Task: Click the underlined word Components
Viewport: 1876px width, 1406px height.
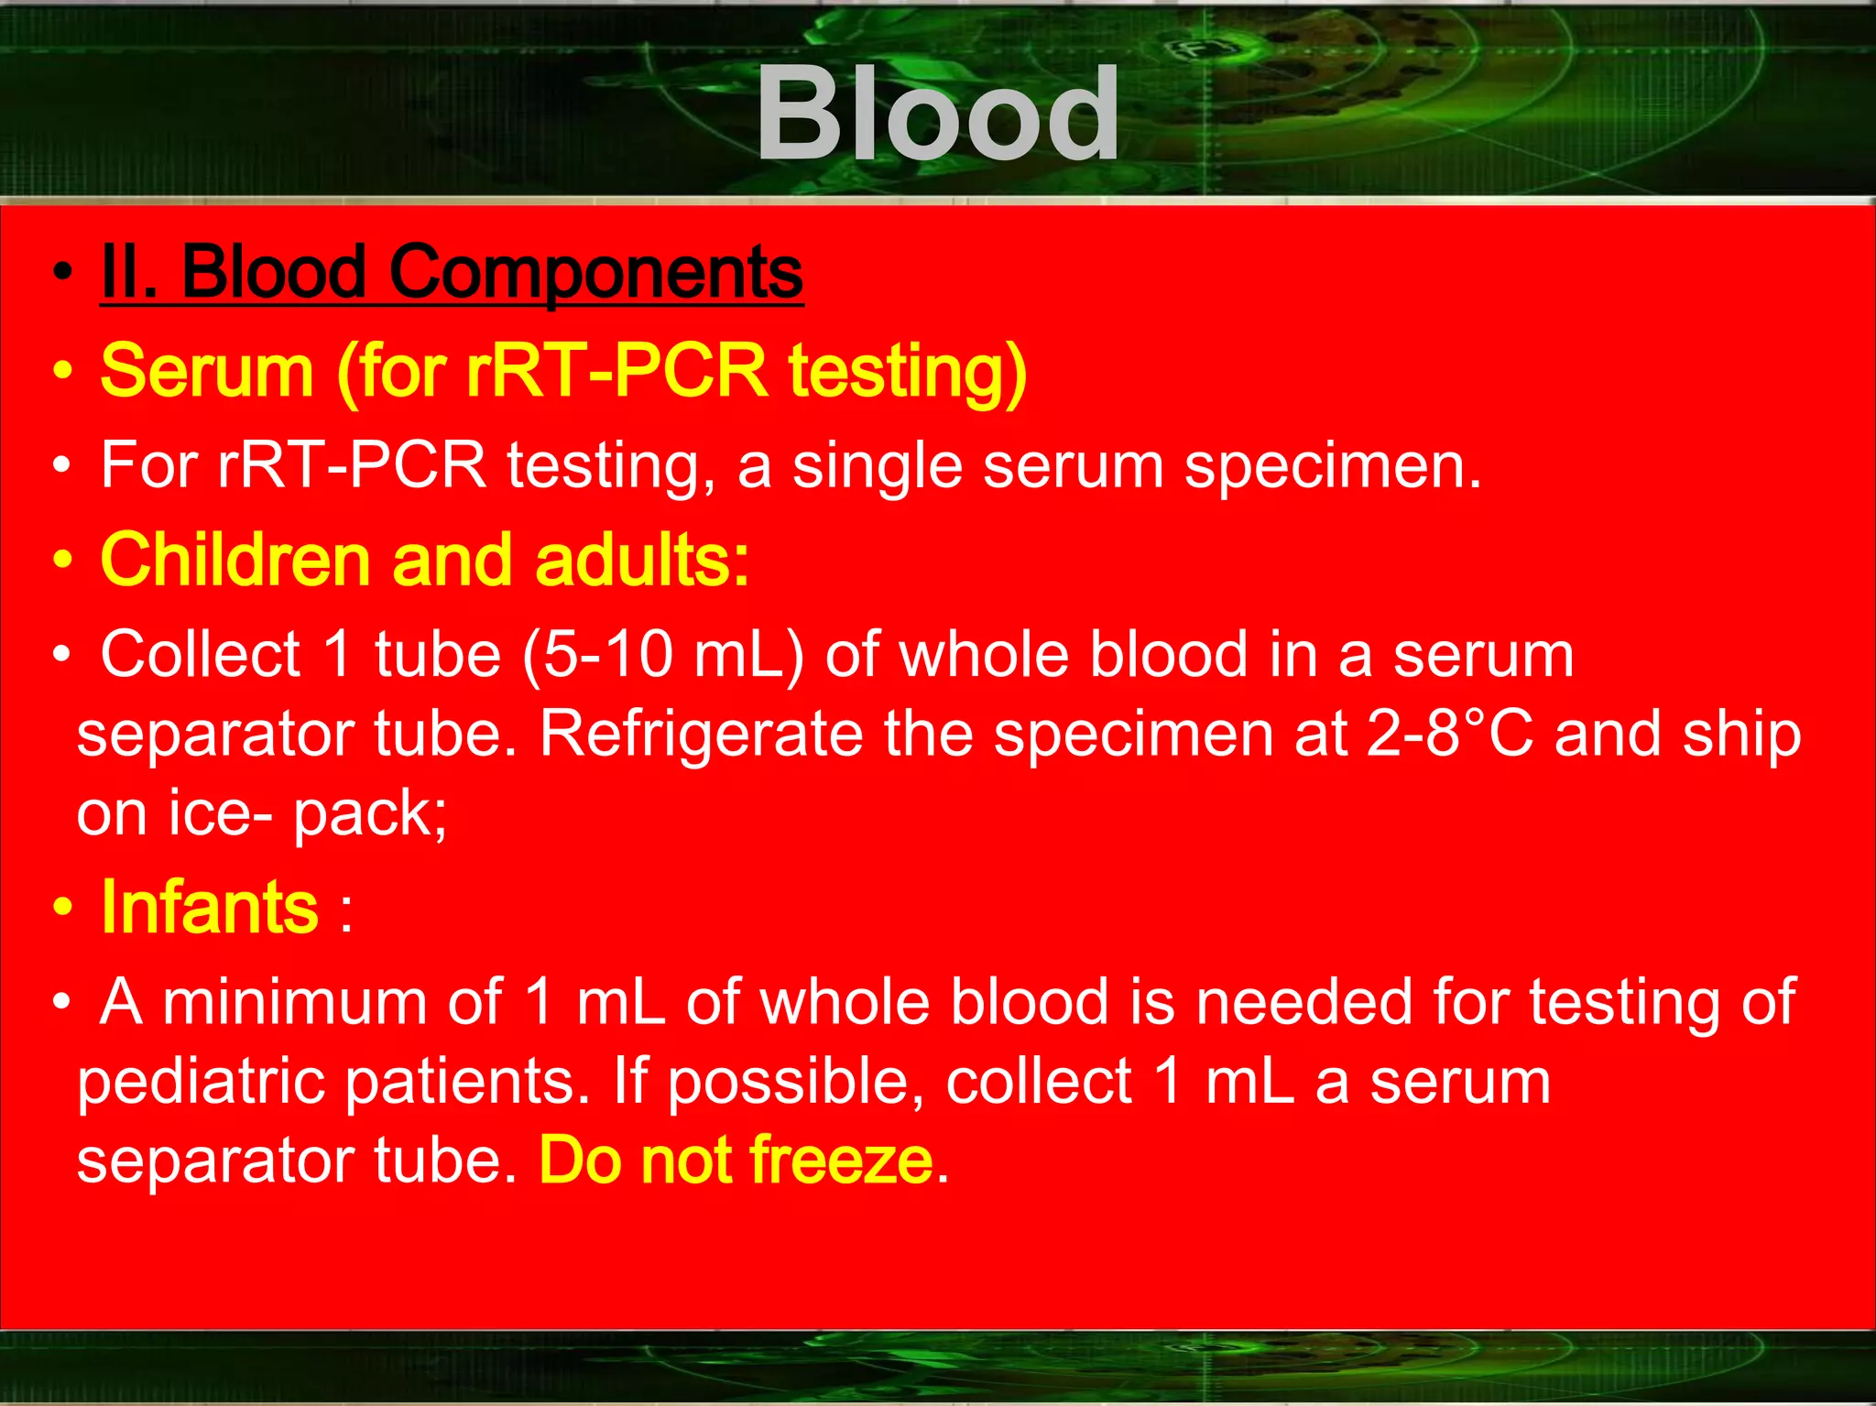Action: pos(596,272)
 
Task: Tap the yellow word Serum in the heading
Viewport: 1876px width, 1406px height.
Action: pos(207,370)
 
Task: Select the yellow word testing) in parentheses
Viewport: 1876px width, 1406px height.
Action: pos(908,372)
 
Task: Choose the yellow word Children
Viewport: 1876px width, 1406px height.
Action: pos(234,560)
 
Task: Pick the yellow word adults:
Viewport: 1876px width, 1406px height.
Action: pos(642,560)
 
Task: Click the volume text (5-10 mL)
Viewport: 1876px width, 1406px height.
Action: pos(663,655)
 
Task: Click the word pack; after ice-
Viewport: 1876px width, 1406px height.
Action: pos(370,813)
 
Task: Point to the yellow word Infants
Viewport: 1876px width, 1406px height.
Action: pos(210,907)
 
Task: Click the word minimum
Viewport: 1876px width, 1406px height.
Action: pos(294,1001)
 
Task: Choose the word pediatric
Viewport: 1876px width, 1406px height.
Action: pos(201,1082)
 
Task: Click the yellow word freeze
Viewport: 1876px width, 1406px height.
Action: pos(841,1161)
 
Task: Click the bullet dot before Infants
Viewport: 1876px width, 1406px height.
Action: pos(62,908)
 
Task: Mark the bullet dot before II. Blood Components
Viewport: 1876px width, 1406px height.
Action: pos(62,272)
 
